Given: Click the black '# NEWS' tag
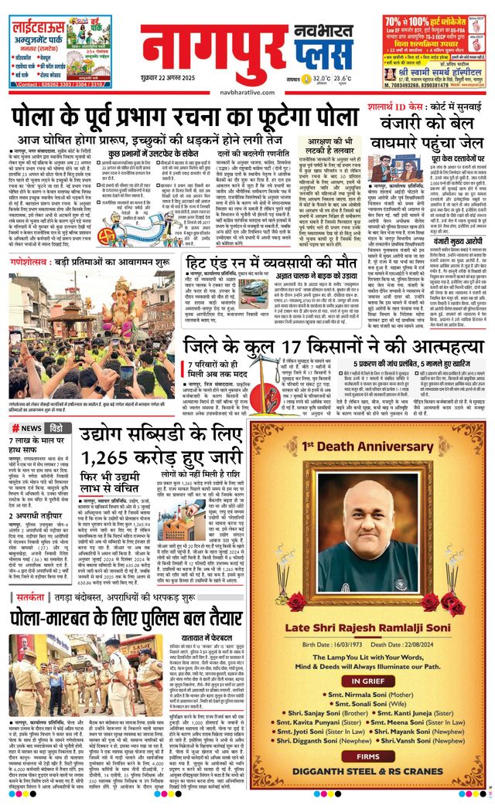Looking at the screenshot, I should pos(26,428).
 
